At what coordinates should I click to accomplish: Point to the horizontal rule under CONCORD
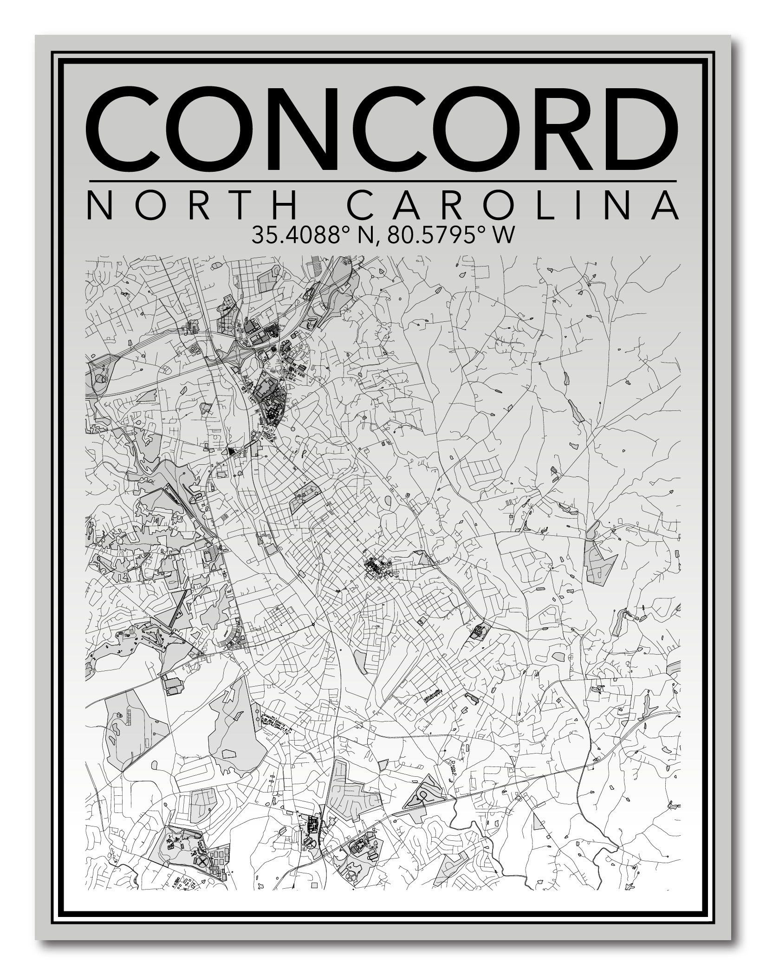382,181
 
